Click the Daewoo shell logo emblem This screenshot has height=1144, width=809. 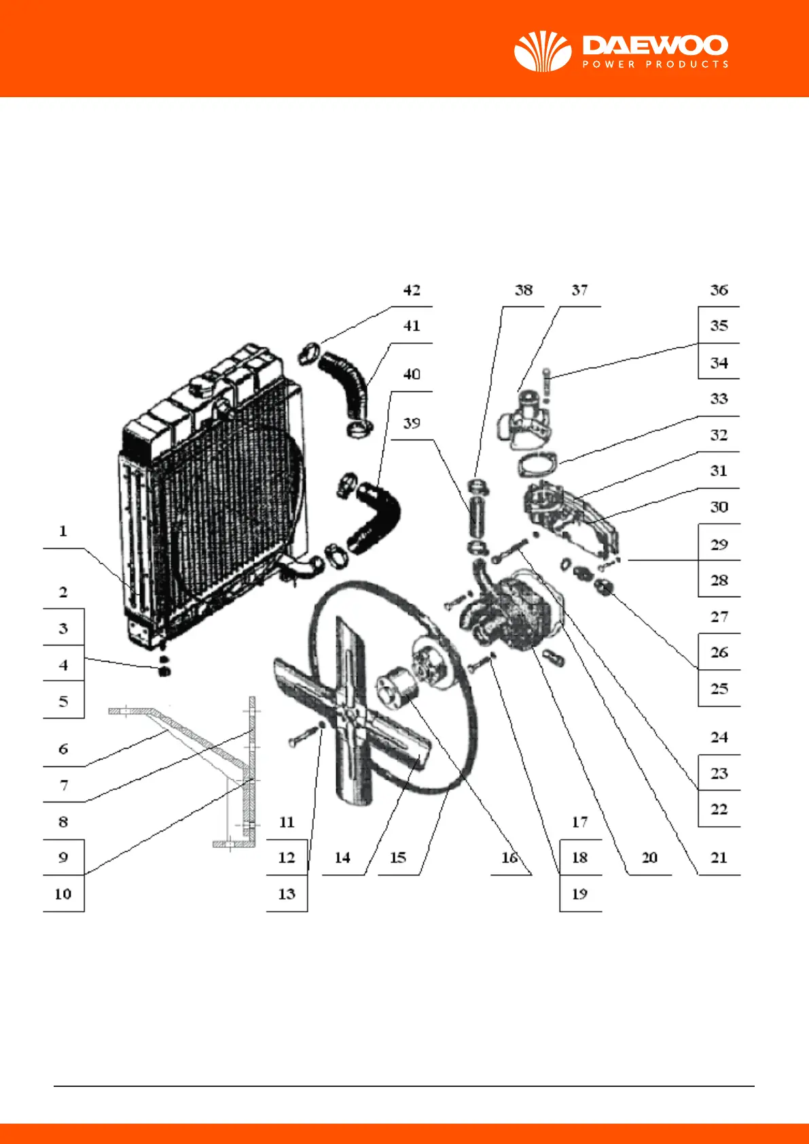(542, 51)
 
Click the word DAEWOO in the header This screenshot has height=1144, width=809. (655, 46)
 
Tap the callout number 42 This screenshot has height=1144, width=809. (412, 290)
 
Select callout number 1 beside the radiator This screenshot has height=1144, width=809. (63, 531)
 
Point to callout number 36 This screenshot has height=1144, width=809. (719, 290)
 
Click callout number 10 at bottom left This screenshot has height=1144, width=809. (63, 894)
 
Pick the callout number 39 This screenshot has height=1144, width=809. (412, 423)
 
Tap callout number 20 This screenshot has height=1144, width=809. (649, 858)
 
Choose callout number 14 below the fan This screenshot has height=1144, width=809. (342, 858)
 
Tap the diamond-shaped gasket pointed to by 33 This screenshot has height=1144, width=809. (538, 465)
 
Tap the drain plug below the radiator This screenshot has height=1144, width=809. (163, 671)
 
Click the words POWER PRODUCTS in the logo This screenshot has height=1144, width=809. (655, 65)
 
